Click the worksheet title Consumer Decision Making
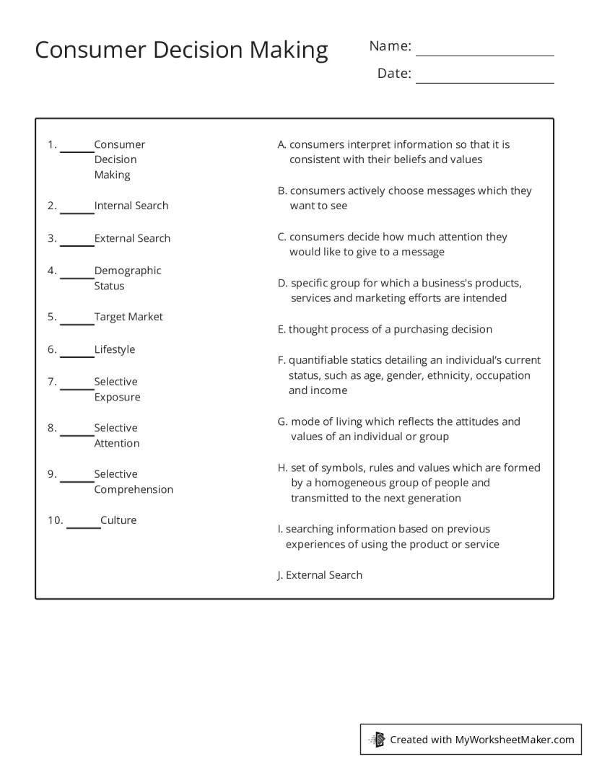[x=181, y=50]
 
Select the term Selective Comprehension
[x=133, y=481]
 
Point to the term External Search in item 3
[x=132, y=238]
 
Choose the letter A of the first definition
[x=282, y=144]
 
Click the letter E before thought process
[x=281, y=329]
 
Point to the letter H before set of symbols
[x=282, y=468]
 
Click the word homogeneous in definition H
[x=344, y=483]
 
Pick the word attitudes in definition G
[x=472, y=421]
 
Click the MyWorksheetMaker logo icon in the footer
[x=377, y=739]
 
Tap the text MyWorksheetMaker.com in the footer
[x=515, y=739]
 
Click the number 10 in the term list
[x=56, y=520]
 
